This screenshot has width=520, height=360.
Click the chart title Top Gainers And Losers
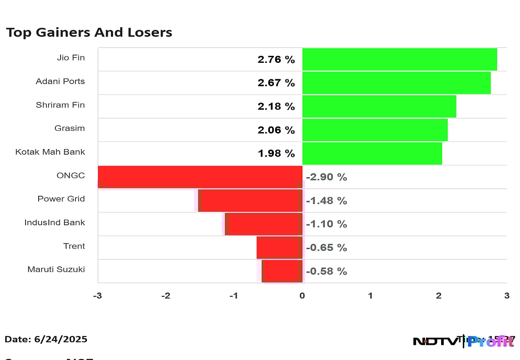pos(89,32)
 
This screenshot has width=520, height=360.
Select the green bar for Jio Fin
pos(399,59)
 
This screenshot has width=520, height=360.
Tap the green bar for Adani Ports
pos(396,83)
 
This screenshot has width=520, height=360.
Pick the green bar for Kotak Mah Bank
pos(372,153)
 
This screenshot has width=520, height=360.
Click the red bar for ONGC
pos(200,177)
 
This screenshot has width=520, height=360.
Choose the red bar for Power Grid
pos(250,201)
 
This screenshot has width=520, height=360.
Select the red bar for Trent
pos(279,247)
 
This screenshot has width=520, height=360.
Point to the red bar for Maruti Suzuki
pos(282,271)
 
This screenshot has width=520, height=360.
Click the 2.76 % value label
pos(276,59)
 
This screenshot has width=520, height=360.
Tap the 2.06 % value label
pos(276,130)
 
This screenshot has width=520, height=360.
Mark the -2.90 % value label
pos(326,177)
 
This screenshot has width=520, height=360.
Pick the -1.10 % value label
pos(326,224)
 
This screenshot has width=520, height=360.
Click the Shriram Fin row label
pos(60,105)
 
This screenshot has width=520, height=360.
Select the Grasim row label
pos(69,128)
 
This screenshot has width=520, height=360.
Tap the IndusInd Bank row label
pos(55,223)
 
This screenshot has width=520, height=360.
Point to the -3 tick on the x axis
pos(98,296)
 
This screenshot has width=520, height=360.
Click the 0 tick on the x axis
pos(302,296)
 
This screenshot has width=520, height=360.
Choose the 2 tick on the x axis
pos(439,296)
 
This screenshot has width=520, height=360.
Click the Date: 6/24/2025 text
pos(46,339)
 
